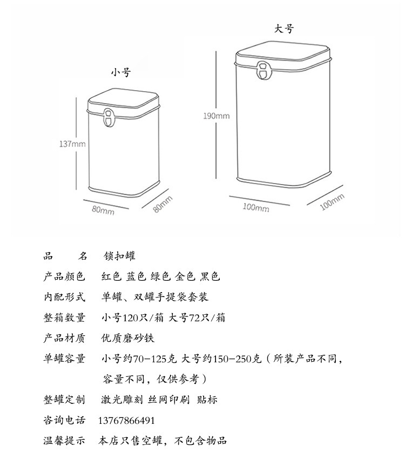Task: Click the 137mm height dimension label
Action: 72,144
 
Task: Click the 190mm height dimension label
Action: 216,116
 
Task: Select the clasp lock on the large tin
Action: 263,71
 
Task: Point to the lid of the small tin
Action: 124,101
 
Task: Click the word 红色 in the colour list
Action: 112,277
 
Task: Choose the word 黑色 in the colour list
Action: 210,277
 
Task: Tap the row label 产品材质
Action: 64,339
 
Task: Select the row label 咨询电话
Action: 64,421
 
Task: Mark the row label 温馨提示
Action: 64,441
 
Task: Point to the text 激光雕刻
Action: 120,400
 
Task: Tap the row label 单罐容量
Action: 64,359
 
